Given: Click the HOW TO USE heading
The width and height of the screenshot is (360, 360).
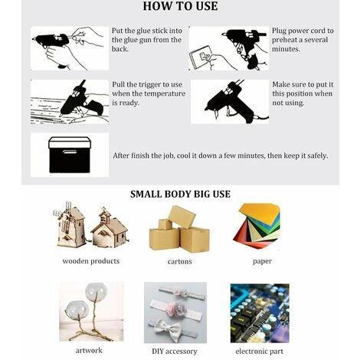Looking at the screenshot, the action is (x=180, y=6).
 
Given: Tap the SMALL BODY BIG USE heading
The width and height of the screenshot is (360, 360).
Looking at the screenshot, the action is (x=180, y=194).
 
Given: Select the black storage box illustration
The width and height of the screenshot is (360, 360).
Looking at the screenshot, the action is (x=70, y=155).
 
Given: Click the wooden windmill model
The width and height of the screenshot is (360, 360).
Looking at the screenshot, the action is (x=70, y=224).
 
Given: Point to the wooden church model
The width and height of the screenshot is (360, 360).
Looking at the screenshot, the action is (x=110, y=228).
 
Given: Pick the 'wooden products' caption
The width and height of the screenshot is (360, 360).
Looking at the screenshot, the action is (x=91, y=261).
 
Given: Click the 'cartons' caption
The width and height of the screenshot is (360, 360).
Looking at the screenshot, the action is (x=180, y=261).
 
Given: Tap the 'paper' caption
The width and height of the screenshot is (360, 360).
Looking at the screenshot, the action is (x=262, y=261).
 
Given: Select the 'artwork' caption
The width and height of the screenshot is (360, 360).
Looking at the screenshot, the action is (x=89, y=350).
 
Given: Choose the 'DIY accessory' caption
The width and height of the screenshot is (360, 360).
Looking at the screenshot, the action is (x=175, y=352).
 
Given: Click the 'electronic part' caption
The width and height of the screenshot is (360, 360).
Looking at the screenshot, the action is (x=260, y=352).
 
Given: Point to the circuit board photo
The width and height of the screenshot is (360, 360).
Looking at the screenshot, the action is (x=260, y=313).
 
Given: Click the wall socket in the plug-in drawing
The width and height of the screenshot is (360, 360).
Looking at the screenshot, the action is (x=201, y=57).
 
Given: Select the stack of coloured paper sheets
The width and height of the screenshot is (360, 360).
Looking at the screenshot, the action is (x=257, y=225).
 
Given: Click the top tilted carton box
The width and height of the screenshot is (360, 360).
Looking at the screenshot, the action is (x=182, y=217).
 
